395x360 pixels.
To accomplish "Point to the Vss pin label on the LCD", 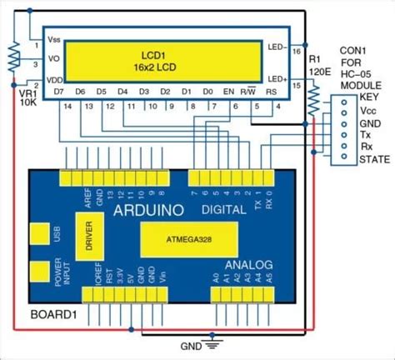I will [x=54, y=39].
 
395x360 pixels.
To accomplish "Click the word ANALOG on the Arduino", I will [x=248, y=266].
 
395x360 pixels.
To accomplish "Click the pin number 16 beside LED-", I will [x=296, y=50].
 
